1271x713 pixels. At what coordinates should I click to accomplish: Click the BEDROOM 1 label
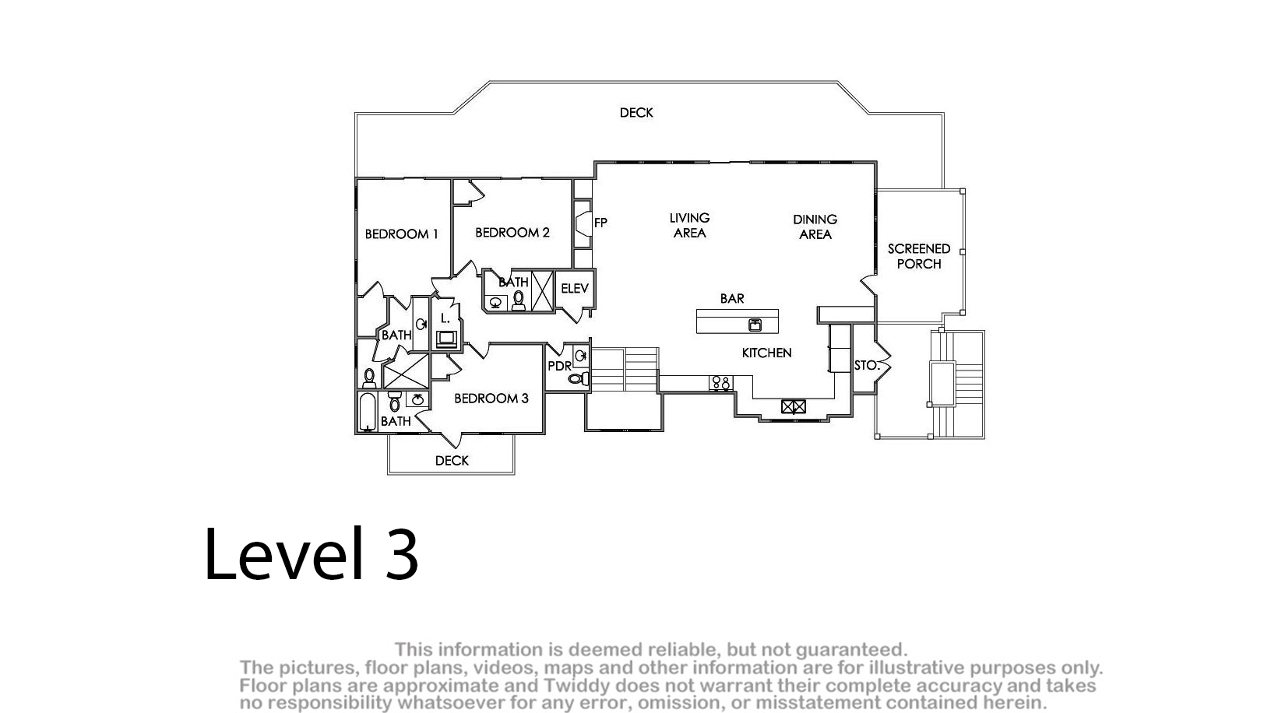pos(401,234)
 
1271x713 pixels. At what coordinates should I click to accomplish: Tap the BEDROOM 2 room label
pos(512,233)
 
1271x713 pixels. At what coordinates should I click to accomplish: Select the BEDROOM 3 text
pos(491,399)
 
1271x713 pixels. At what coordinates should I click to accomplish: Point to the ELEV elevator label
pos(575,289)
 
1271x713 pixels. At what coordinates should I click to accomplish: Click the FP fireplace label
pos(601,223)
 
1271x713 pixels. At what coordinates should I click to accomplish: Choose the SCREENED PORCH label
pos(919,256)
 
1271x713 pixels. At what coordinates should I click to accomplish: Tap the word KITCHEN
pos(766,353)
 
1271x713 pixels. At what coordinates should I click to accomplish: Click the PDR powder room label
pos(559,367)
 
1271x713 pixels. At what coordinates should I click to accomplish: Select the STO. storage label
pos(867,366)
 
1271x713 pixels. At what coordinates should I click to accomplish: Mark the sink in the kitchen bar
pos(755,325)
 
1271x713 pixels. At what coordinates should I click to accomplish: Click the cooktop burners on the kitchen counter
pos(721,383)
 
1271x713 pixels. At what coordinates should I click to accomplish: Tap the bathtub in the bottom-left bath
pos(368,412)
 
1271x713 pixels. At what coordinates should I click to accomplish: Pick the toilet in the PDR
pos(579,378)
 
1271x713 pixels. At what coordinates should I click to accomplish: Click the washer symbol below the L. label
pos(446,339)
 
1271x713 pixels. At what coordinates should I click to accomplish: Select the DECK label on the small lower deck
pos(452,461)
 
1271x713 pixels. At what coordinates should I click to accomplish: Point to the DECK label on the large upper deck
pos(636,113)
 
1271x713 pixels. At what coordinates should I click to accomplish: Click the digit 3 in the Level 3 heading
pos(402,553)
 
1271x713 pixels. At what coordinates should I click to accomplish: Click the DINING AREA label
pos(815,227)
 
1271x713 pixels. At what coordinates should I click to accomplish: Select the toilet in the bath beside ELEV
pos(519,300)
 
